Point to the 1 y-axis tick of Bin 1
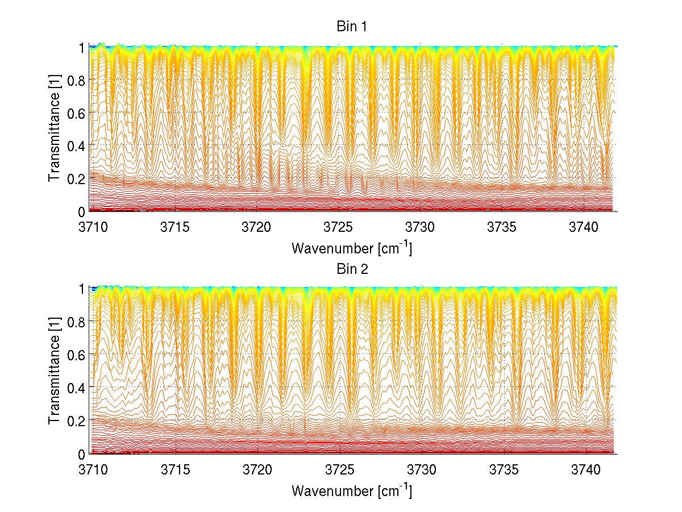pos(80,48)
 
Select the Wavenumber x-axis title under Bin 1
pos(352,248)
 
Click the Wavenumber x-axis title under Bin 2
pos(352,490)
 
